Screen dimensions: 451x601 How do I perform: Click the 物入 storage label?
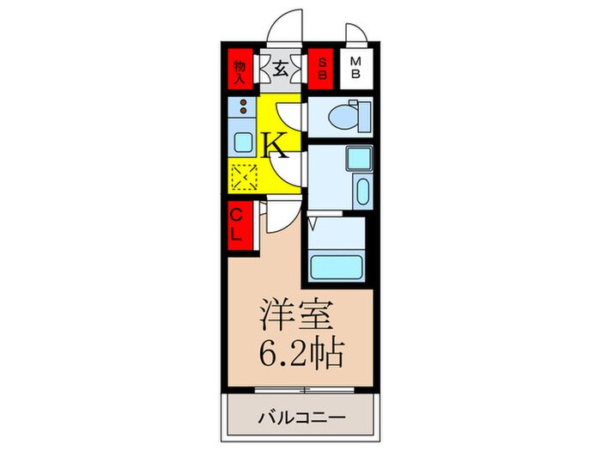242,68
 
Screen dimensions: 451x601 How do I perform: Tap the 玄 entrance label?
281,69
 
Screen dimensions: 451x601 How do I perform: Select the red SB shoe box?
322,68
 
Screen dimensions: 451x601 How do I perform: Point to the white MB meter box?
355,68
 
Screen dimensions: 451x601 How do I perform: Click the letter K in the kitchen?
275,143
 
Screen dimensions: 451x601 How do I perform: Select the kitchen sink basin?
242,142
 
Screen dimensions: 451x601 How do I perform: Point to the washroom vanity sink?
361,192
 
